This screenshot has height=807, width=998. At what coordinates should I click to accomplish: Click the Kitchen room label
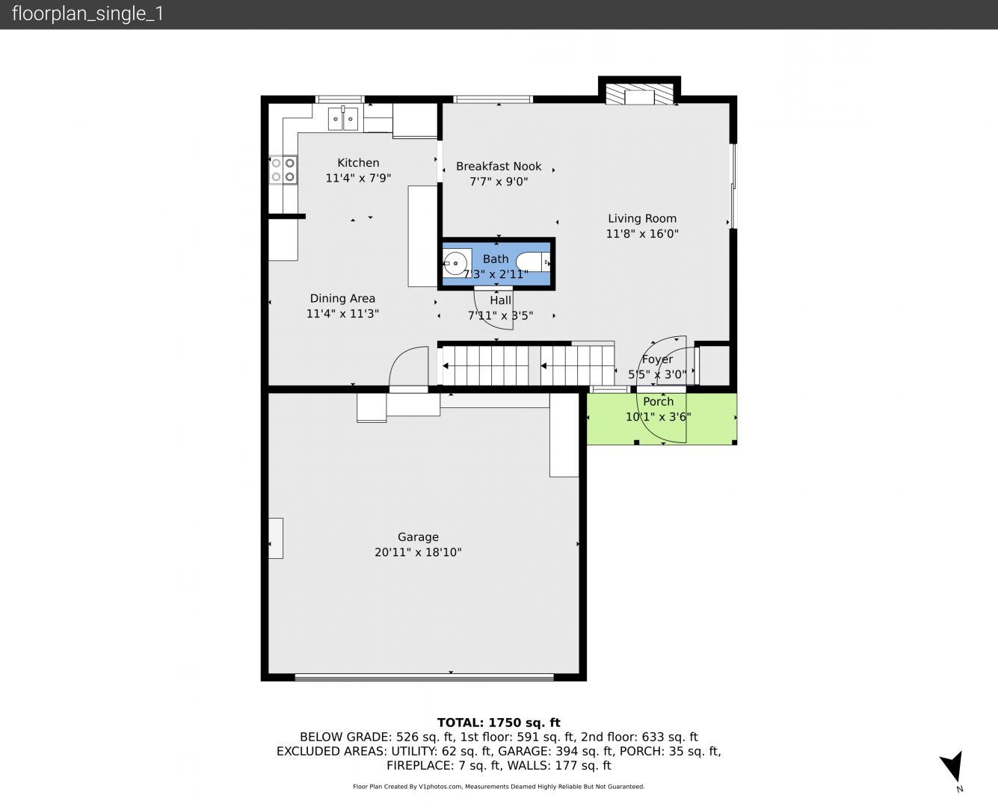pos(358,163)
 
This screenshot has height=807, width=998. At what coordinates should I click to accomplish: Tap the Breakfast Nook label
pos(499,167)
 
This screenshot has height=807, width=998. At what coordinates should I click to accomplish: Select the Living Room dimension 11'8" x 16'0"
pos(642,233)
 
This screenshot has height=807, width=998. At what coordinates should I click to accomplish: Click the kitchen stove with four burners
pos(283,170)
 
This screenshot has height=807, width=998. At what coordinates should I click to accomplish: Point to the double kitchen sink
pos(343,119)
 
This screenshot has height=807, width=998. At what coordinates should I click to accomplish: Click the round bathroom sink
pos(455,264)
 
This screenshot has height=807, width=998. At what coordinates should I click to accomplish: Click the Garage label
pos(418,537)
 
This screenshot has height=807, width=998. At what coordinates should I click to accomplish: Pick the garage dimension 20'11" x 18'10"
pos(418,552)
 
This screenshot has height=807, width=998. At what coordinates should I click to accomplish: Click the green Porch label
pos(659,401)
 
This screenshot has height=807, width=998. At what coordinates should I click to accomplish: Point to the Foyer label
pos(657,359)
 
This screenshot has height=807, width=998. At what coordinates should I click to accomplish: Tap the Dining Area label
pos(342,298)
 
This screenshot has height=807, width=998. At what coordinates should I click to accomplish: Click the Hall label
pos(500,300)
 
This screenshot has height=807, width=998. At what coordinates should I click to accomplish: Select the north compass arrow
pos(952,766)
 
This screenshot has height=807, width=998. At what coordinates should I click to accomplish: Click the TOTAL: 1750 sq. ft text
pos(499,723)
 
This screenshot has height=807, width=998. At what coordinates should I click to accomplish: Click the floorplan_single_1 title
pos(87,13)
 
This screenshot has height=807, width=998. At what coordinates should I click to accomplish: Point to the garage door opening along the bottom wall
pos(424,677)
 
